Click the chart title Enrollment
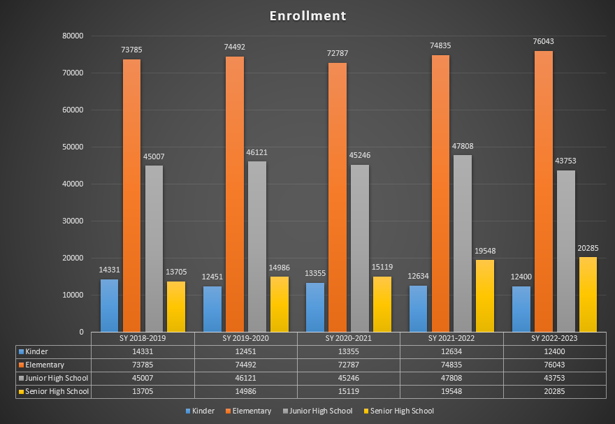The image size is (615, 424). pyautogui.click(x=307, y=15)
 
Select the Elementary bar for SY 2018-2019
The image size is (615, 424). pyautogui.click(x=131, y=196)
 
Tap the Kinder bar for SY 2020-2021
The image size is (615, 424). pyautogui.click(x=315, y=307)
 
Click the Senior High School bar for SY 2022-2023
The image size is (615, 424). pyautogui.click(x=588, y=294)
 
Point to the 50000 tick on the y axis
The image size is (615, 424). pyautogui.click(x=72, y=147)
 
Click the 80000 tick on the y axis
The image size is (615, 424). pyautogui.click(x=72, y=36)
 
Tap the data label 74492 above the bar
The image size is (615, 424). pyautogui.click(x=234, y=47)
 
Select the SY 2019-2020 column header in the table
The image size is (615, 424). pyautogui.click(x=245, y=338)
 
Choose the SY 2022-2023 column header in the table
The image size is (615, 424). pyautogui.click(x=555, y=338)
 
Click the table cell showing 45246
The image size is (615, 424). pyautogui.click(x=348, y=378)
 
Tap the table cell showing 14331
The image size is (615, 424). pyautogui.click(x=143, y=351)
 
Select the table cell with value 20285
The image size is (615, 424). pyautogui.click(x=555, y=391)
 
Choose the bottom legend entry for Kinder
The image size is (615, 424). pyautogui.click(x=203, y=411)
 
